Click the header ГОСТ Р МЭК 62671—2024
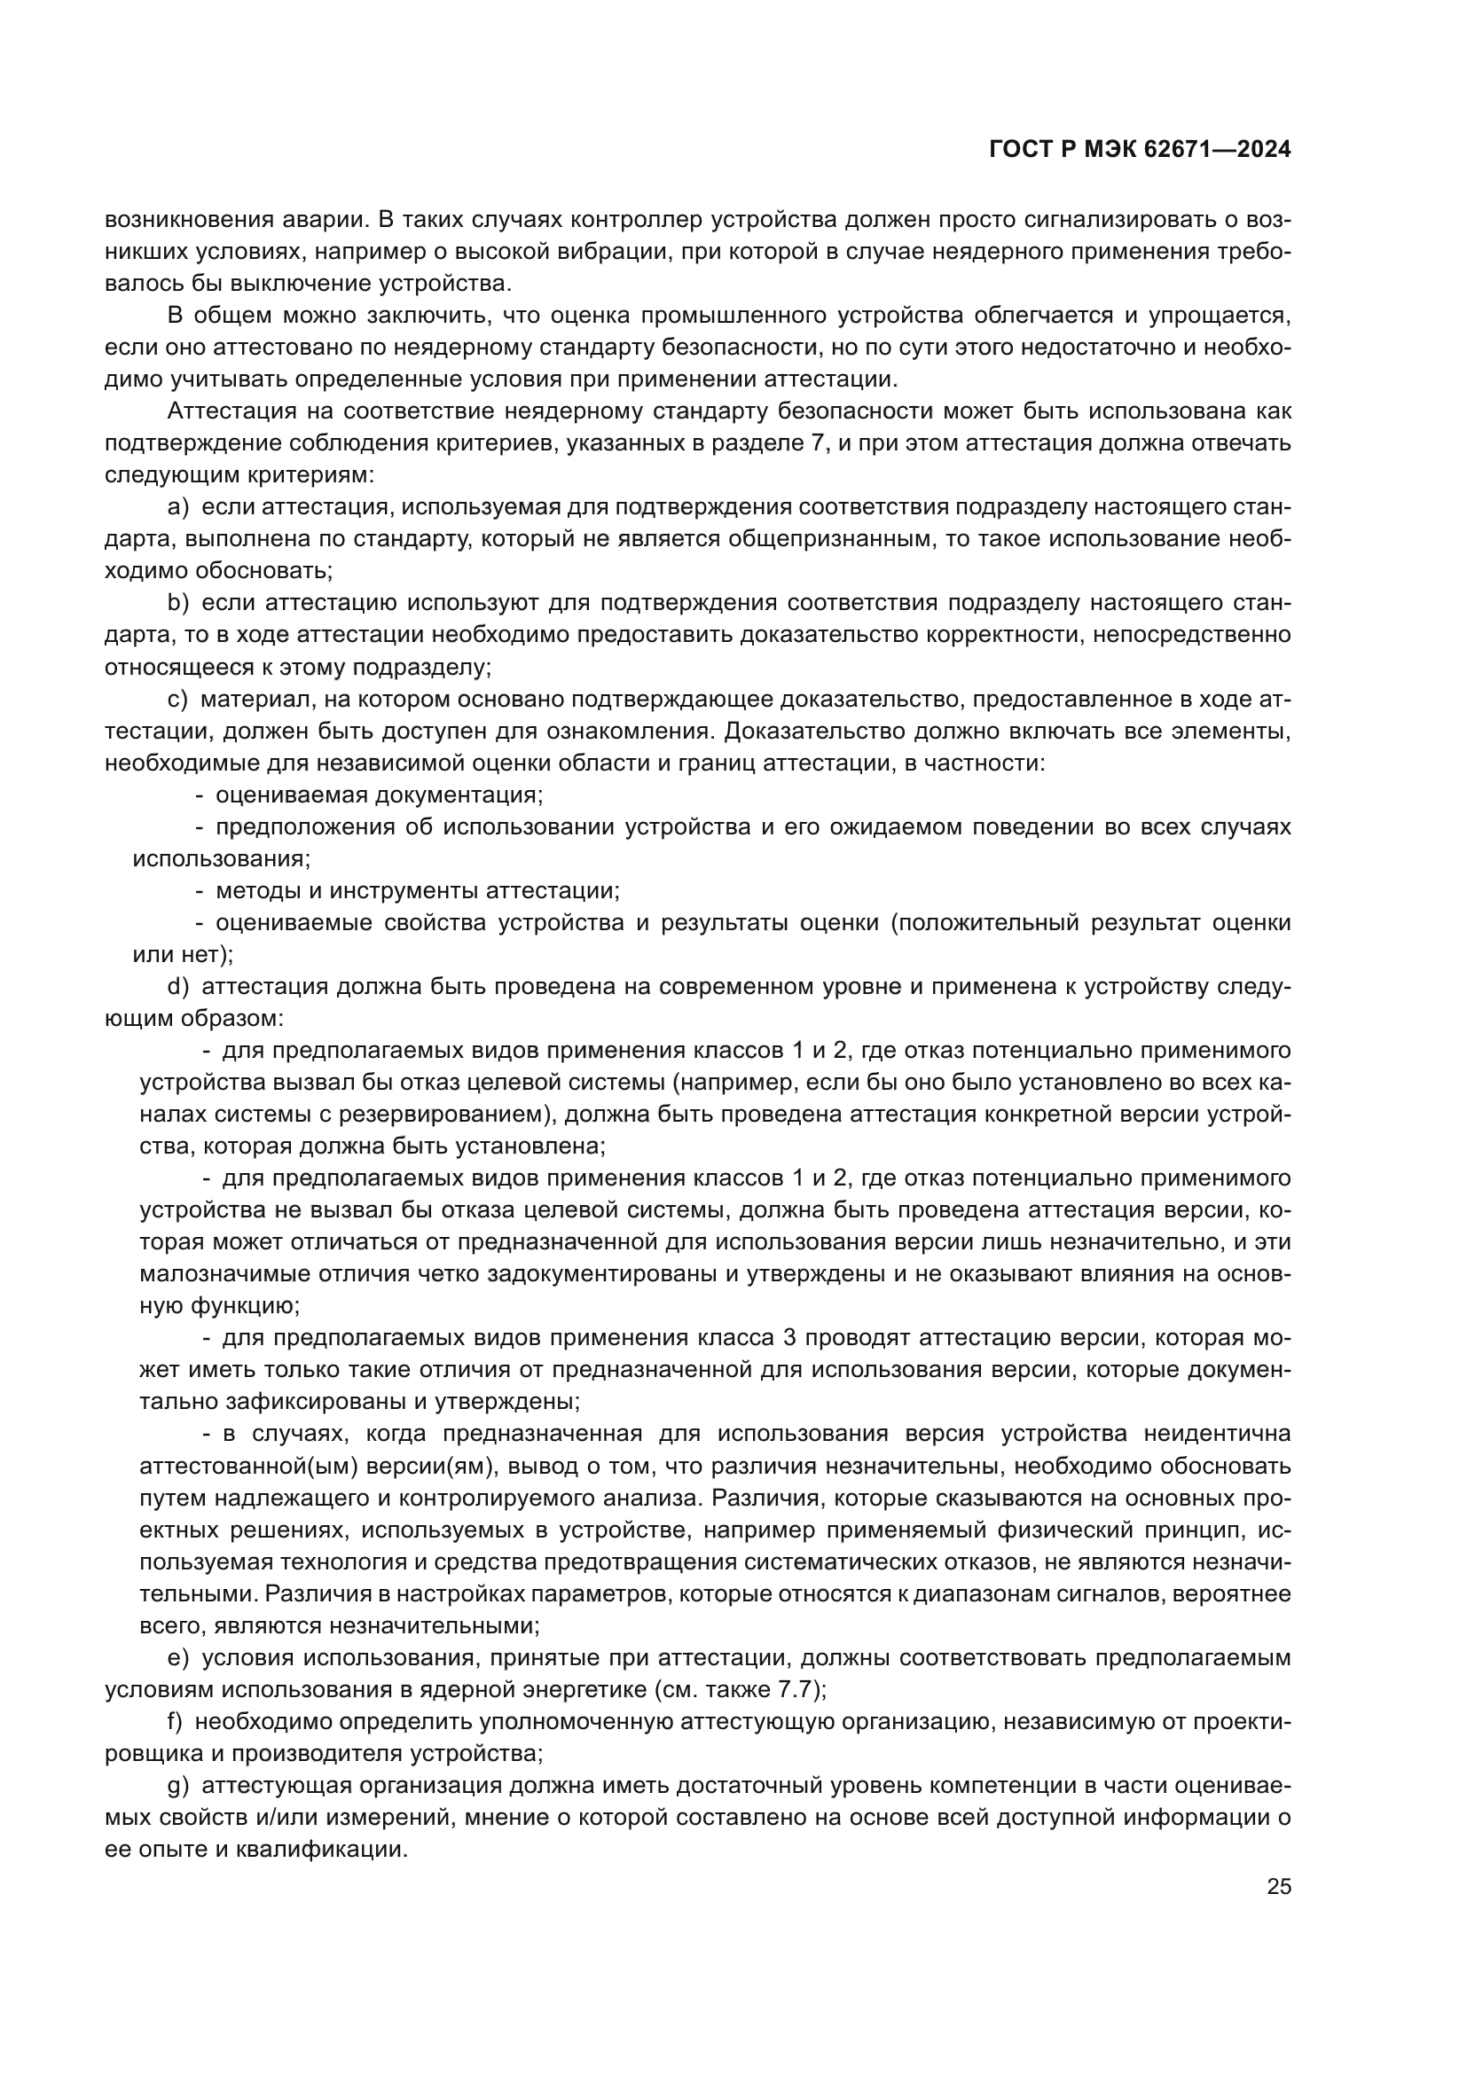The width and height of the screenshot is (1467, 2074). tap(1140, 150)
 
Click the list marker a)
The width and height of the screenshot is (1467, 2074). tap(178, 508)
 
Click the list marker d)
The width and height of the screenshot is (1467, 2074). tap(178, 986)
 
